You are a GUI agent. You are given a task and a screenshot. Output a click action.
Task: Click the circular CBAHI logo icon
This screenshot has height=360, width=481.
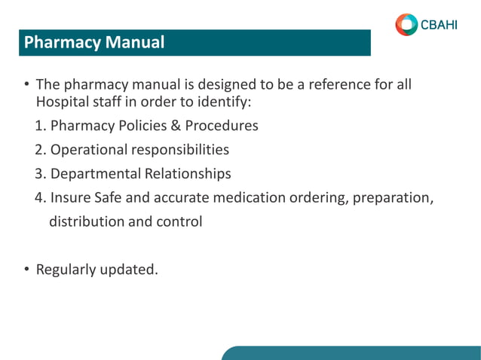coord(406,24)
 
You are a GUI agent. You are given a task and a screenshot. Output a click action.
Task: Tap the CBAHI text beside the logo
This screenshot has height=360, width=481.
coord(439,24)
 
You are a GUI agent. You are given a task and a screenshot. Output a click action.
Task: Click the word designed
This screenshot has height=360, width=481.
coord(203,84)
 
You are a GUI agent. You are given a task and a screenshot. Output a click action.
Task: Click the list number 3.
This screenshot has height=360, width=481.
coord(39,174)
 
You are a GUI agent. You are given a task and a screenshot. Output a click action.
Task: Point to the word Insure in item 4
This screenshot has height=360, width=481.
coord(71,198)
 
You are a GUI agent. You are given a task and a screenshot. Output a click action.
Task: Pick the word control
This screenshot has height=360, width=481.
coord(179,222)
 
